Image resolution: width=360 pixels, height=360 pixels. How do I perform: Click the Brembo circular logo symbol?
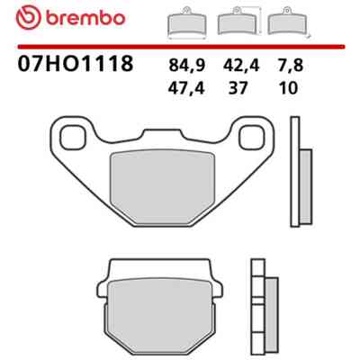tap(29, 18)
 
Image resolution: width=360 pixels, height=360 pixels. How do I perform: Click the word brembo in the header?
tap(85, 18)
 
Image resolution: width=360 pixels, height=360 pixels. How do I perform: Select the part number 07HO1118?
tap(75, 63)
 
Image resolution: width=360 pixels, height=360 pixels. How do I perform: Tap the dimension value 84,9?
tap(186, 66)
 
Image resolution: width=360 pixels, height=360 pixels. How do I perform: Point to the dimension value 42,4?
tap(241, 66)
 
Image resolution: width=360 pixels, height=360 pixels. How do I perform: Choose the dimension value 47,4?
tap(186, 88)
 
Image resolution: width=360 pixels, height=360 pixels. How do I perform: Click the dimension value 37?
tap(238, 88)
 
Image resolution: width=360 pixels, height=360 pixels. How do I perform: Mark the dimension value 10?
tap(288, 88)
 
